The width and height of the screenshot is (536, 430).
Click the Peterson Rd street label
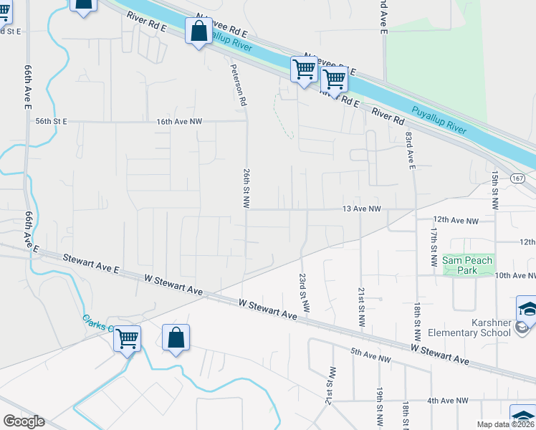[239, 85]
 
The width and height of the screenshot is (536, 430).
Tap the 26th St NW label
[246, 188]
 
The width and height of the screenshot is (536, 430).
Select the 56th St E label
[51, 122]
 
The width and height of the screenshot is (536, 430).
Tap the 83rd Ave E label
[410, 150]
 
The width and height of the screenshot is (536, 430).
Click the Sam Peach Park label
[467, 265]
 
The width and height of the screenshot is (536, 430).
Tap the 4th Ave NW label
[448, 401]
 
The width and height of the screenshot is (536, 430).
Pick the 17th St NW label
[434, 248]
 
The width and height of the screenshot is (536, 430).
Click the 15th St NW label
[494, 190]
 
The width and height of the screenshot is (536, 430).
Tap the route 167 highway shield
[518, 177]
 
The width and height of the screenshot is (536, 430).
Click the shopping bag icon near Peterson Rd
[198, 32]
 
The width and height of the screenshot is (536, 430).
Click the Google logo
[24, 421]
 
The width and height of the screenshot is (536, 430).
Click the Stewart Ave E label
[90, 262]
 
